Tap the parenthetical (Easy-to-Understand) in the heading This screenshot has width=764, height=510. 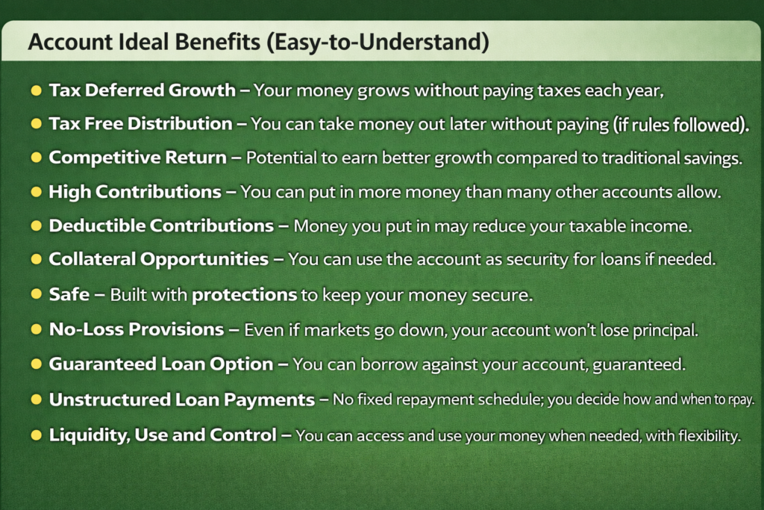[x=378, y=43]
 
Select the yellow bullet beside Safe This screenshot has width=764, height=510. [x=36, y=294]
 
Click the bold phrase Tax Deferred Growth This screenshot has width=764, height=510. [x=143, y=90]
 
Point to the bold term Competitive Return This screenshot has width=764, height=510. [x=138, y=158]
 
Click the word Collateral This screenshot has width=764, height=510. [x=93, y=259]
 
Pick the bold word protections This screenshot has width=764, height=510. [x=245, y=295]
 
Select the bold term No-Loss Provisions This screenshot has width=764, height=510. [x=137, y=329]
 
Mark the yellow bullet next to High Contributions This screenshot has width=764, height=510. [x=36, y=192]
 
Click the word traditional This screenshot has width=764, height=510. [x=633, y=158]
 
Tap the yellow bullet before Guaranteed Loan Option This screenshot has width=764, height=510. [x=36, y=364]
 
